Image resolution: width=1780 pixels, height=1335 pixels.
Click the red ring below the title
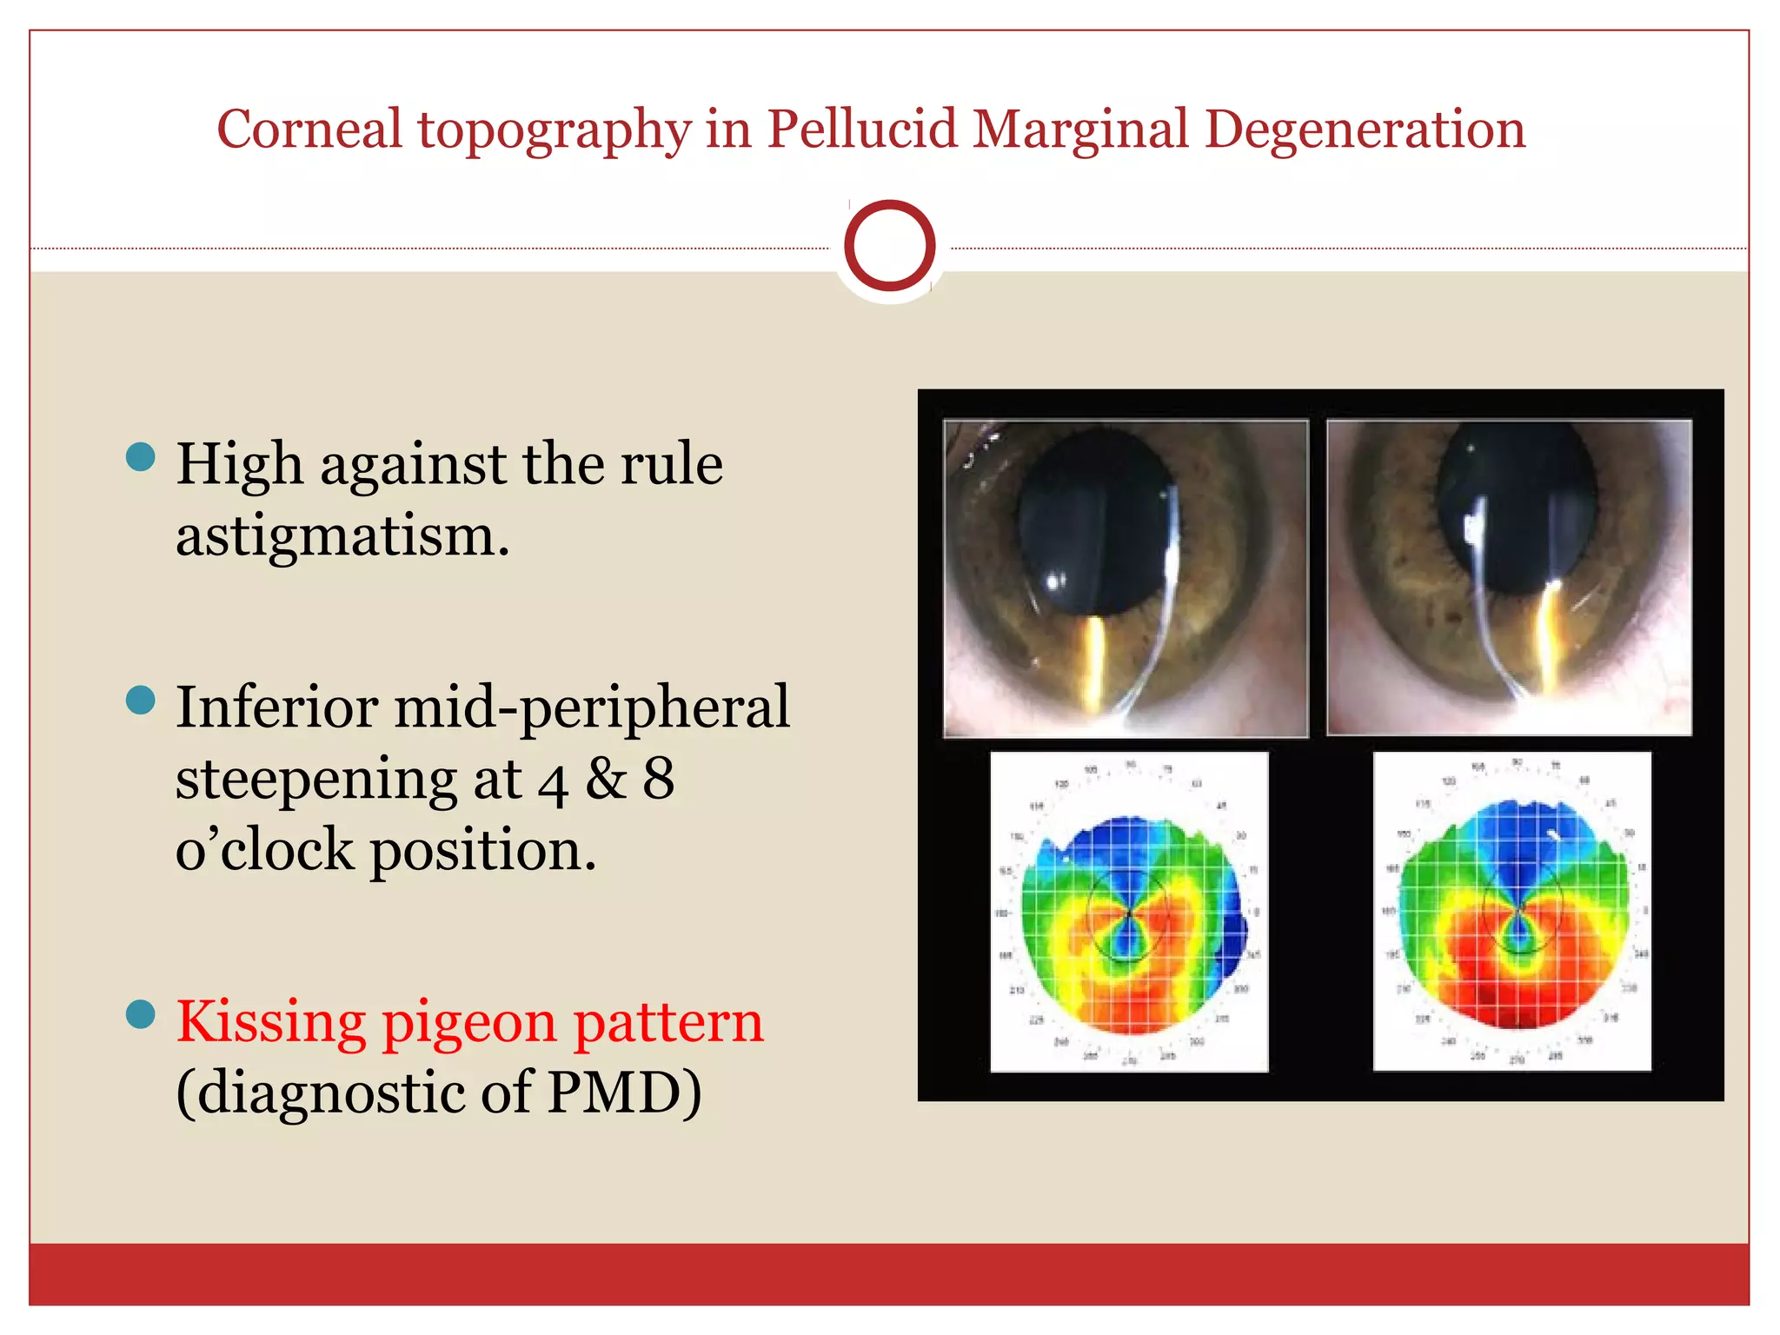[889, 246]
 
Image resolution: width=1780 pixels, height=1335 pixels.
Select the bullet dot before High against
[141, 456]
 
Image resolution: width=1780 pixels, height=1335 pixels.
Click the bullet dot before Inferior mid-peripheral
[141, 699]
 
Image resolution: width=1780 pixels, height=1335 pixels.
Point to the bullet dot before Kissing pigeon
[141, 1013]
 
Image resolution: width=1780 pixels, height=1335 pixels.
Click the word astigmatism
[342, 535]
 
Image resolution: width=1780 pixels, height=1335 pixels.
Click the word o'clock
[265, 850]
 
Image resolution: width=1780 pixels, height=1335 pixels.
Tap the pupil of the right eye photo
[1517, 513]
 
